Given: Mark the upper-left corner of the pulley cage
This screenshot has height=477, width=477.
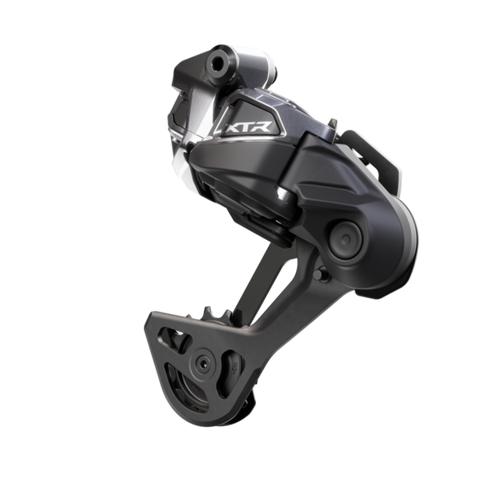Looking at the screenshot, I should tap(151, 318).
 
